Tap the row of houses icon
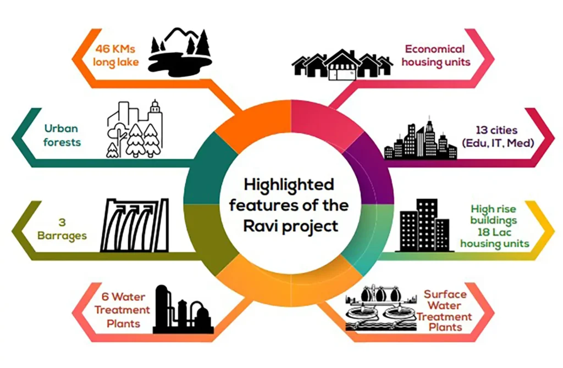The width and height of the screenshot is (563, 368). [x=341, y=64]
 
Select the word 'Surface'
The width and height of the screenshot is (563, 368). [x=445, y=294]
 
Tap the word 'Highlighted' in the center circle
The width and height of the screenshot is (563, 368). [x=289, y=184]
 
